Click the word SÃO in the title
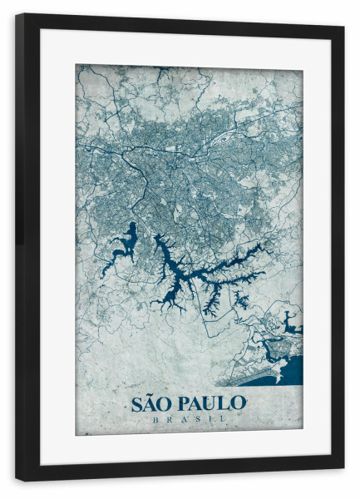(x=150, y=404)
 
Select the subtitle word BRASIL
(x=189, y=419)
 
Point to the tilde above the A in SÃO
(x=151, y=395)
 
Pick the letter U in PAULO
(x=212, y=404)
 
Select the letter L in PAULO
(x=225, y=404)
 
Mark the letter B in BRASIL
(x=155, y=419)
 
